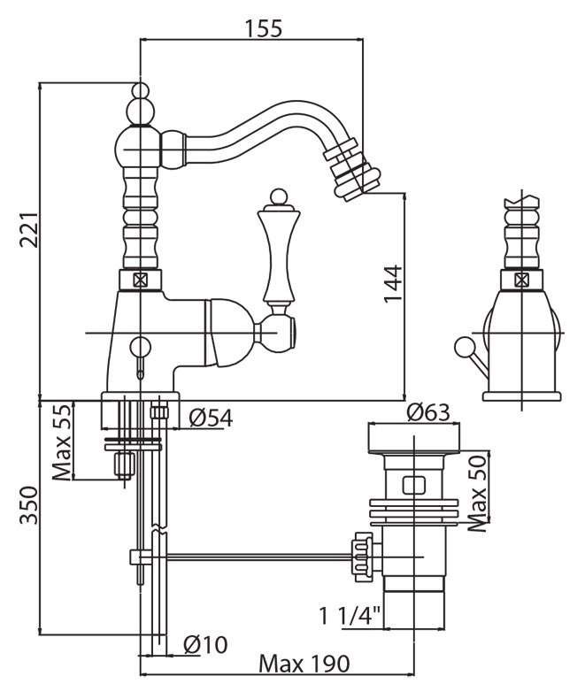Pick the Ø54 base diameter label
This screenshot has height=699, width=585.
click(x=211, y=417)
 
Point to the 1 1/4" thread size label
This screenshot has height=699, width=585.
click(x=350, y=613)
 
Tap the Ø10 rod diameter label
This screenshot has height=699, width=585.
click(x=205, y=645)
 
